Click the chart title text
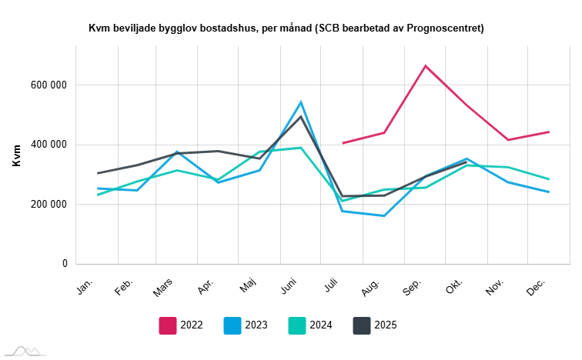pyautogui.click(x=286, y=28)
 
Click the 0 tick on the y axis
pyautogui.click(x=65, y=264)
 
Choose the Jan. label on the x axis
pyautogui.click(x=85, y=285)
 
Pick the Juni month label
pyautogui.click(x=289, y=286)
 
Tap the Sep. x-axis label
pyautogui.click(x=411, y=286)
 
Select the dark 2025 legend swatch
pyautogui.click(x=362, y=325)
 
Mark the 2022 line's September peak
pyautogui.click(x=425, y=65)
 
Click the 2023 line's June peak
pyautogui.click(x=301, y=102)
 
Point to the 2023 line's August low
pyautogui.click(x=383, y=215)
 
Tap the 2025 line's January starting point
pyautogui.click(x=98, y=173)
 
